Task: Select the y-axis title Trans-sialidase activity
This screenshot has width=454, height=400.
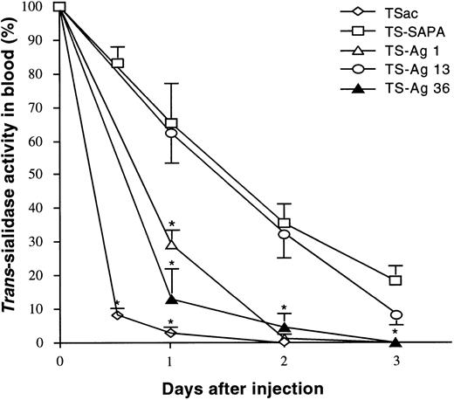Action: pos(11,175)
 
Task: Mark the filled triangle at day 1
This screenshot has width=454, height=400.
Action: pos(171,300)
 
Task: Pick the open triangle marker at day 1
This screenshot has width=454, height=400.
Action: pos(171,245)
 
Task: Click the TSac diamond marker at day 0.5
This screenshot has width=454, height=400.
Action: pos(116,314)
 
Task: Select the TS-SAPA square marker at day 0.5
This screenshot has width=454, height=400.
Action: pos(116,63)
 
